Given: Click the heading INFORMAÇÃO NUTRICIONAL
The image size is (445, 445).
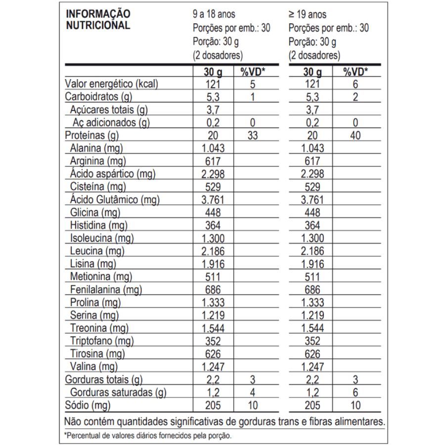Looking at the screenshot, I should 98,20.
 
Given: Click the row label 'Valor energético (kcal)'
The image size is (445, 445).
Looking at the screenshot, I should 111,85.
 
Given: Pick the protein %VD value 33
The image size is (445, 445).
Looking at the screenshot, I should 253,136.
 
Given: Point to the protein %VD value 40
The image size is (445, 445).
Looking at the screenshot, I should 355,136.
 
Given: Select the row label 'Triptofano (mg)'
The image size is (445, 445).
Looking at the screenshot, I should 102,341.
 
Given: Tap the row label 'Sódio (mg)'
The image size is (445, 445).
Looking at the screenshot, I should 87,406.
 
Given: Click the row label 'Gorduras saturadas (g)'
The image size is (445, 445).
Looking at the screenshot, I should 118,393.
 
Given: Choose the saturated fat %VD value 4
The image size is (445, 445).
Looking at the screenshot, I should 253,393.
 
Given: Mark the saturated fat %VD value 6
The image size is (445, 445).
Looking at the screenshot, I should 355,393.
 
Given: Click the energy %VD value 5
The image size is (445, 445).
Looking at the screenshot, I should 253,85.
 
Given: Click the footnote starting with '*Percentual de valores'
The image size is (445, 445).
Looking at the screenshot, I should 148,436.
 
